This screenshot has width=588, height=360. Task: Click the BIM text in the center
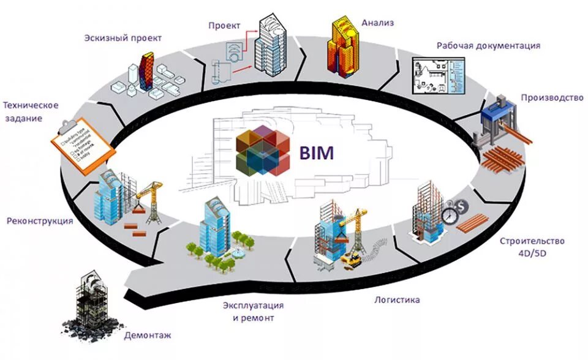point(317,152)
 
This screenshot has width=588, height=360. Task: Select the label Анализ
point(377,23)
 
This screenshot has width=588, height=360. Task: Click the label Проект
point(224,25)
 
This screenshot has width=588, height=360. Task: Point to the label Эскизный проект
point(123,38)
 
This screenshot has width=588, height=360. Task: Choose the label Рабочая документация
point(488,45)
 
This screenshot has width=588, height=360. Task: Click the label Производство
point(551,97)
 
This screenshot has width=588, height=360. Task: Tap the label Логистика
point(397,300)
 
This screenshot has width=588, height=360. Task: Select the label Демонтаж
point(148,336)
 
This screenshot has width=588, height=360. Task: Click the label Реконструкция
point(40,220)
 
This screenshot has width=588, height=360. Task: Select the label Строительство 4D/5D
point(532,246)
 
